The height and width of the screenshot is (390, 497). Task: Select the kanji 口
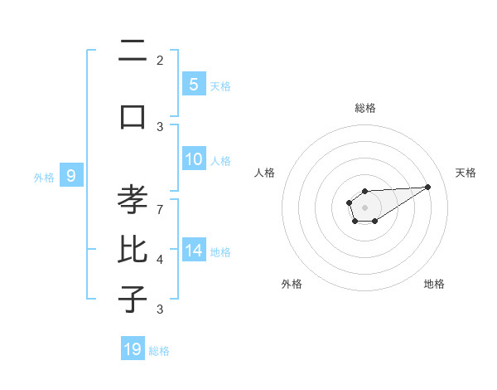(x=133, y=116)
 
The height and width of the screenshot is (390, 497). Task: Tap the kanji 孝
(x=133, y=201)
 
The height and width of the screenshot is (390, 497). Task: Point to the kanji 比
(x=133, y=251)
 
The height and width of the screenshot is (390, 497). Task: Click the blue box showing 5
(x=193, y=84)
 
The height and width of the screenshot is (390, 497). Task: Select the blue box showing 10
(x=193, y=160)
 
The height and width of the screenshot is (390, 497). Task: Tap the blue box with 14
(x=193, y=251)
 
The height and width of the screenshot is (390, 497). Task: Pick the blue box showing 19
(x=133, y=349)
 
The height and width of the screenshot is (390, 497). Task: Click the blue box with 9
(x=71, y=176)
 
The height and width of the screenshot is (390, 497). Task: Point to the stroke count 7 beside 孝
(x=160, y=208)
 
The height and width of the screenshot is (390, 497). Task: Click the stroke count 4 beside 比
(x=160, y=260)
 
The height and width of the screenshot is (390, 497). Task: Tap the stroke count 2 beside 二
(x=160, y=60)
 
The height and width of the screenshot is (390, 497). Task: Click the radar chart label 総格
(x=364, y=108)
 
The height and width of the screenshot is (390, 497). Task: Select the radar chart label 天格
(x=466, y=173)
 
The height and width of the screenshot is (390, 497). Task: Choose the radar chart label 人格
(x=264, y=173)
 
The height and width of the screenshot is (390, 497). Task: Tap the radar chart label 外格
(x=292, y=285)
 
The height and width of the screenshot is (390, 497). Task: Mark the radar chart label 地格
(x=434, y=285)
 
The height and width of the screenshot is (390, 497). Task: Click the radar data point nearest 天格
(x=429, y=187)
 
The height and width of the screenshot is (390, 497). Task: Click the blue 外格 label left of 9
(x=44, y=177)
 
